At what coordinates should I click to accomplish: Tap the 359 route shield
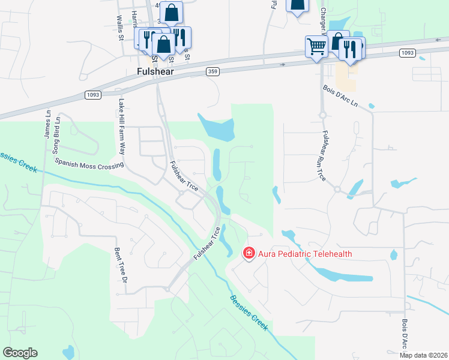212,71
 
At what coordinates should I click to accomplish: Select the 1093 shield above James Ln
92,95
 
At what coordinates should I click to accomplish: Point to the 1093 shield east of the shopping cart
406,53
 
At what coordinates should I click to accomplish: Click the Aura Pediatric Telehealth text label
305,254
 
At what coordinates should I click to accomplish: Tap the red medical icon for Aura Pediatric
248,254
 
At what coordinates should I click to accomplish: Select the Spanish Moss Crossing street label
89,163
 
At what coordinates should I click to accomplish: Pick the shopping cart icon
316,46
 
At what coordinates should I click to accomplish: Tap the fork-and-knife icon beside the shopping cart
351,49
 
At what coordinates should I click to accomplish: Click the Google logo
20,353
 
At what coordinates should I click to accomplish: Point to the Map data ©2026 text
423,355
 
